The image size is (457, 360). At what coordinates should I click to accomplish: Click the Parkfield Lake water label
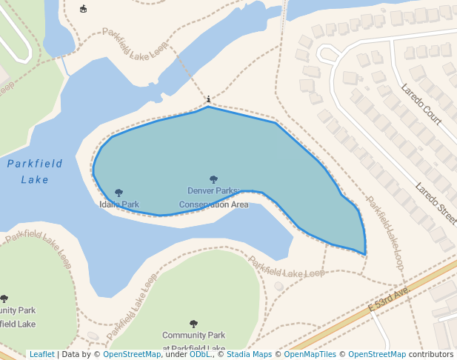(35, 171)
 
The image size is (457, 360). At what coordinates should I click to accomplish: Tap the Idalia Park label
(119, 204)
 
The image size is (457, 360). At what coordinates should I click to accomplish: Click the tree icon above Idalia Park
(119, 193)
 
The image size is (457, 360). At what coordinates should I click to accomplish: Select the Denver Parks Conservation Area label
(213, 197)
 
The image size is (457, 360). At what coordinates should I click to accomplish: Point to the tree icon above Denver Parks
(214, 179)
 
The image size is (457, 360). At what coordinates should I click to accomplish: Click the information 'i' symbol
(209, 99)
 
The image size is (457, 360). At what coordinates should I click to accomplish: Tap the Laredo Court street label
(421, 104)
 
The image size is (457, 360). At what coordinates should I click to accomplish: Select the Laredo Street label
(436, 204)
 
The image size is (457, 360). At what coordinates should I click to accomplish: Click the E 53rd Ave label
(389, 299)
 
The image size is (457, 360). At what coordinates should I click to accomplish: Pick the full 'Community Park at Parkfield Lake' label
(193, 341)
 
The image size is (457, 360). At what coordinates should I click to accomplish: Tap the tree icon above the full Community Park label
(193, 324)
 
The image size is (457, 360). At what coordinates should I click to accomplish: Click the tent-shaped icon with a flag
(83, 9)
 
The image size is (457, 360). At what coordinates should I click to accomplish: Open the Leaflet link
(41, 354)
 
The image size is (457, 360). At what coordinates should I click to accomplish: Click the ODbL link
(199, 354)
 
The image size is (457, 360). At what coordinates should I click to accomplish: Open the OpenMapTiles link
(310, 354)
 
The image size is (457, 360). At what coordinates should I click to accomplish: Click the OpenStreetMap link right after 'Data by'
(131, 354)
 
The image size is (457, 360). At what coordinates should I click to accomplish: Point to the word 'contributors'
(430, 354)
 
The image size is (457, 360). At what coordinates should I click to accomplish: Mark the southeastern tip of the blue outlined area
(365, 254)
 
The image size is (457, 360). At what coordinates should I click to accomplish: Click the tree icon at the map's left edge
(4, 299)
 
